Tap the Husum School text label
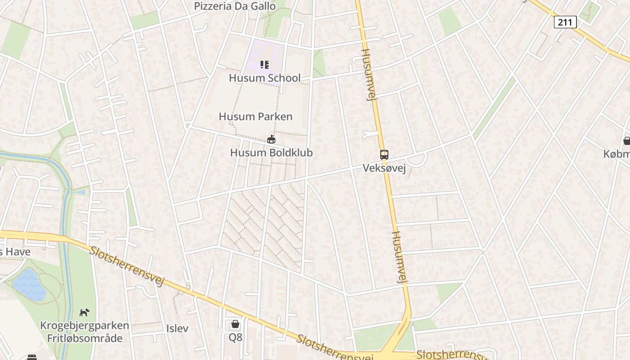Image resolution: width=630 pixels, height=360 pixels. point(265,78)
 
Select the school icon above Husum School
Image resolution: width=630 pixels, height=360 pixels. point(265,65)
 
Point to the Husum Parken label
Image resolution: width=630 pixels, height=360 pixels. point(256,117)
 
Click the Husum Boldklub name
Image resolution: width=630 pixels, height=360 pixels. point(271,153)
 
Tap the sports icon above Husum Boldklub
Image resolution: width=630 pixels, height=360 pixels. point(271,139)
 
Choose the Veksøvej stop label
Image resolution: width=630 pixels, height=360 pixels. point(384,168)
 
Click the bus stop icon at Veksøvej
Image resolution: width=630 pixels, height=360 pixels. point(384,155)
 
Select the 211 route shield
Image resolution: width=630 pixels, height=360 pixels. point(565,22)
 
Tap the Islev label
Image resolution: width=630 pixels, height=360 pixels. point(177,328)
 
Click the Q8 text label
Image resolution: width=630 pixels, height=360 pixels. point(235,337)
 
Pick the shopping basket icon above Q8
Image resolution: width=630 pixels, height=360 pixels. point(235,324)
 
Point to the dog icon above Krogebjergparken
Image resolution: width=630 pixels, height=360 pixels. point(84,312)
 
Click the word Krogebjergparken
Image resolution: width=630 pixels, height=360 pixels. point(85,325)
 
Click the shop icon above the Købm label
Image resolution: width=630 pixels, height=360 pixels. point(626,141)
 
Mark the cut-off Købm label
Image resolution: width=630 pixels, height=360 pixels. point(617,154)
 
